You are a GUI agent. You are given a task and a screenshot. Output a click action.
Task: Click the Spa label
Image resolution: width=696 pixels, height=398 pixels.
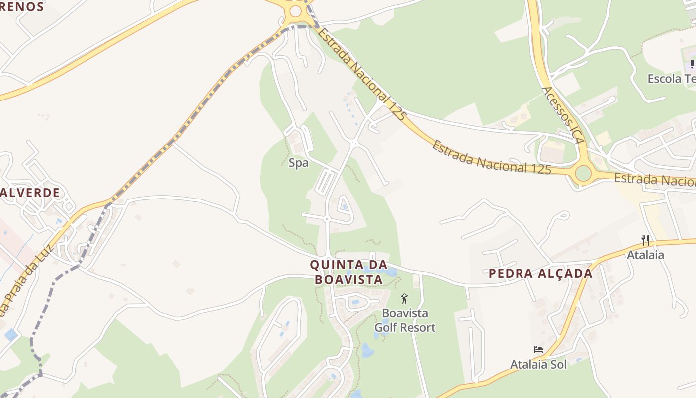298,163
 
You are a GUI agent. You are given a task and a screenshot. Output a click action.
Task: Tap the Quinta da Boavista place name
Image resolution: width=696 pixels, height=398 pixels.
348,272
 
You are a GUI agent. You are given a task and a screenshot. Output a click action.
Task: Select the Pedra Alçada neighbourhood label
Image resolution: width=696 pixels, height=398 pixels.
540,273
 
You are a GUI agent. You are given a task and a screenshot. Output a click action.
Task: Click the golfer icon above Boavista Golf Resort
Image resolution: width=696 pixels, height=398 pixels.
404,298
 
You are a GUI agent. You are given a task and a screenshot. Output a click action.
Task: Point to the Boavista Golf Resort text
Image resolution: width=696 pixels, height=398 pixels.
405,321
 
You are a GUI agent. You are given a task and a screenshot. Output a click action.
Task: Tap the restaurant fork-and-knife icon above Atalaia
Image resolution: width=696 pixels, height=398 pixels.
645,240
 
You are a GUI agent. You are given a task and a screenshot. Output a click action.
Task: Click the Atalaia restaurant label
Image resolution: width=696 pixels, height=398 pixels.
645,255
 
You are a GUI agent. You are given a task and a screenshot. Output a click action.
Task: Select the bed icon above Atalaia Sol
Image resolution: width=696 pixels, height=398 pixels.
538,350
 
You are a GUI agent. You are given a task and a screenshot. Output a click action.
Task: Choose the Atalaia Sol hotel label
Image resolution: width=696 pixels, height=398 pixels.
538,364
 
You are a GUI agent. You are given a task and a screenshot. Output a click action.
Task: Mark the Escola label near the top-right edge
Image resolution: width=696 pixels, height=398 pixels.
671,79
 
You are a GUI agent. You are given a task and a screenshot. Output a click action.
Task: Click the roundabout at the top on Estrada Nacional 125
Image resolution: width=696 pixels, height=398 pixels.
296,11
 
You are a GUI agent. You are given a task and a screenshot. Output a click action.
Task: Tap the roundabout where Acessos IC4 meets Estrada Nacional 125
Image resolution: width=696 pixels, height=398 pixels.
583,173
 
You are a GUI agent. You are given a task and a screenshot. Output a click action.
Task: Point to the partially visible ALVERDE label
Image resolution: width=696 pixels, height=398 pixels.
30,193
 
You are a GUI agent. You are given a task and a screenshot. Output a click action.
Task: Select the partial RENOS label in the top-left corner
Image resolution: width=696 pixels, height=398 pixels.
22,7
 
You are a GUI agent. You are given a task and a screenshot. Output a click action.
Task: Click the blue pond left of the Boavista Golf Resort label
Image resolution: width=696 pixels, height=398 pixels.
367,350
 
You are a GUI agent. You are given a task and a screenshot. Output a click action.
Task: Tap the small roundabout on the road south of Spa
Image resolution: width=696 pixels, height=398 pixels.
327,219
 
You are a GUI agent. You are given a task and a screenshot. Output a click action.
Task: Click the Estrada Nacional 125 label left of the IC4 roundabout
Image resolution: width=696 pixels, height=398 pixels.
491,159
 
